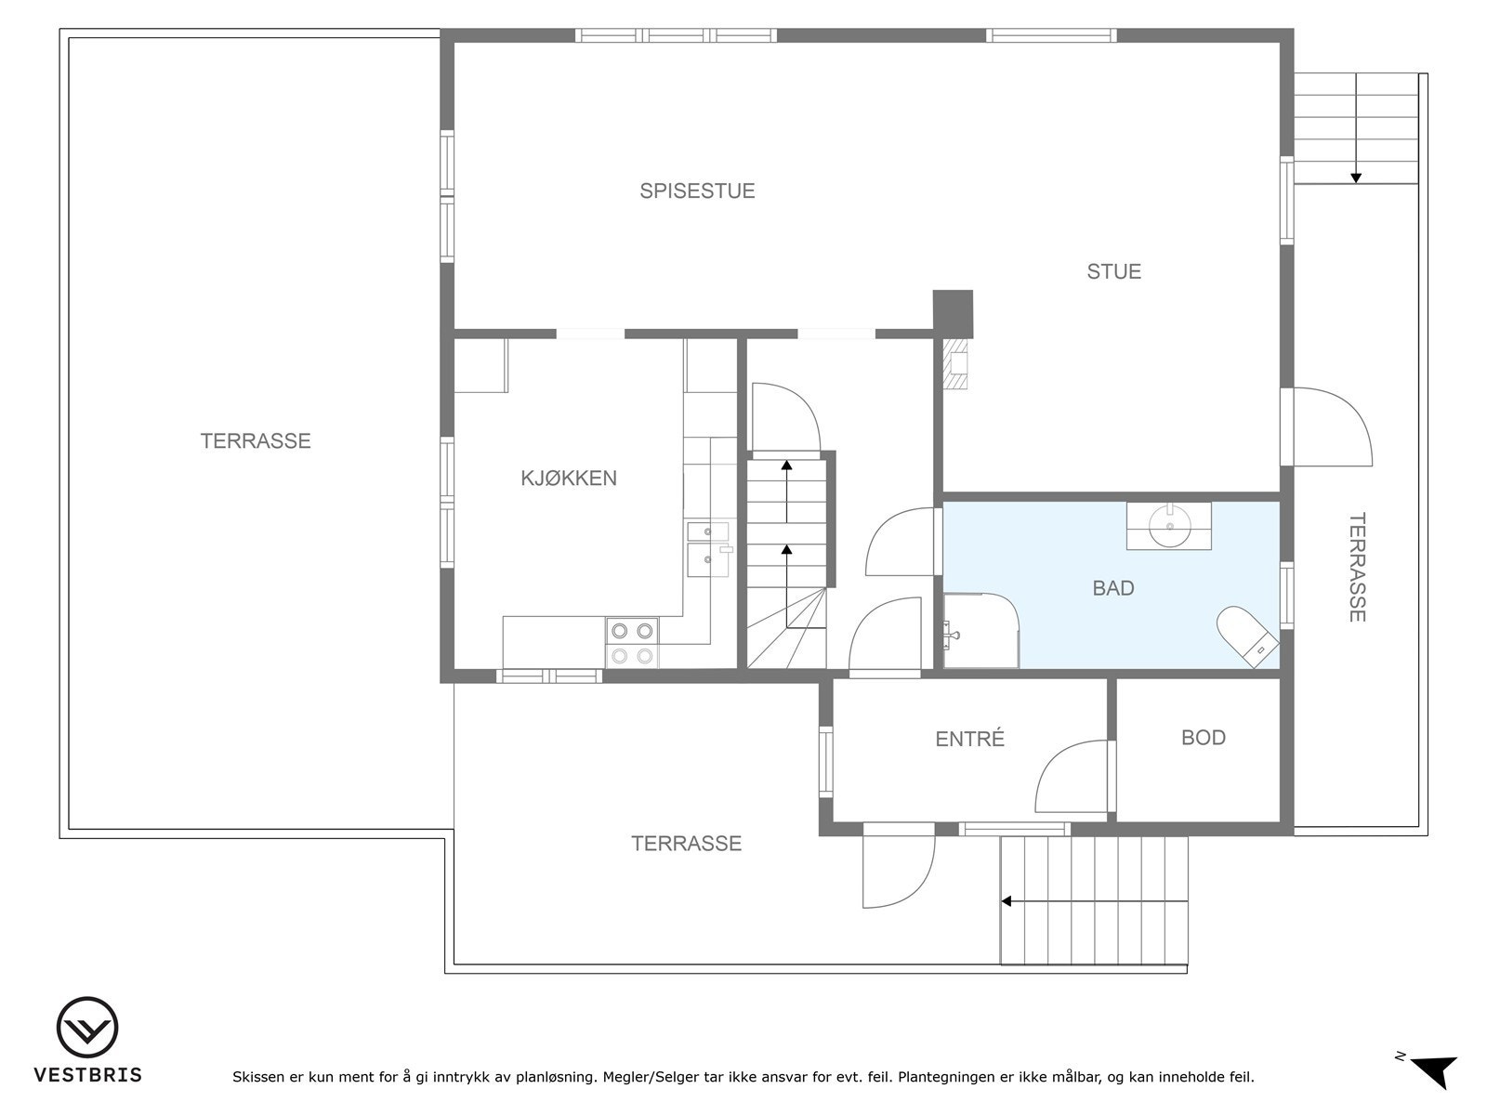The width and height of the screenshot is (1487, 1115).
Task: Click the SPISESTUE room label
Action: (x=697, y=191)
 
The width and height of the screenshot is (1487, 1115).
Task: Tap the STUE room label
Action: (x=1113, y=271)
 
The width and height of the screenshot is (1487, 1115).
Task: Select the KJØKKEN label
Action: (x=568, y=479)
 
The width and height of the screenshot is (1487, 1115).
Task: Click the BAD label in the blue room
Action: (x=1112, y=588)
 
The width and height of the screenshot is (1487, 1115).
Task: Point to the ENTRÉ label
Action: (x=969, y=740)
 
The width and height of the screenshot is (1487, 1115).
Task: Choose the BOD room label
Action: (x=1203, y=738)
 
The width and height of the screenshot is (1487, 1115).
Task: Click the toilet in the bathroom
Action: (x=1247, y=636)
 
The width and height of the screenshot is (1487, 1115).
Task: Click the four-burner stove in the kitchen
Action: (x=631, y=643)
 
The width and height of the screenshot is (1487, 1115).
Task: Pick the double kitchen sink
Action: (x=709, y=549)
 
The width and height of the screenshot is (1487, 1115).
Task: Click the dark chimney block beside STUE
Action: (x=953, y=313)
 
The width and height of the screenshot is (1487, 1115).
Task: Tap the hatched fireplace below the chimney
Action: (x=955, y=363)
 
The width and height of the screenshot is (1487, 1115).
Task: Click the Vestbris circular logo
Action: (x=87, y=1028)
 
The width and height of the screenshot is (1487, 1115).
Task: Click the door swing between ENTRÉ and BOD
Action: (x=1071, y=777)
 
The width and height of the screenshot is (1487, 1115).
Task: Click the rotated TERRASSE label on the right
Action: (x=1358, y=567)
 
